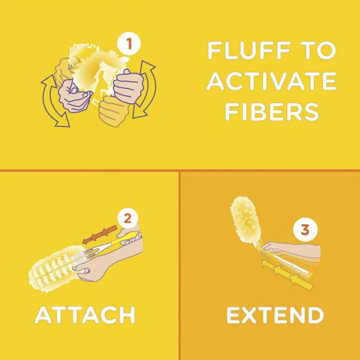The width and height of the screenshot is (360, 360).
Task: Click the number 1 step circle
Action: point(128,43)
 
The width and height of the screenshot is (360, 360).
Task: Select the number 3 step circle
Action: point(305,229)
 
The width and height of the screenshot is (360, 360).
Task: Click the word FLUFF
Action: point(249,51)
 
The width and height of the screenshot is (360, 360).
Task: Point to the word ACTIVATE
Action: point(272,81)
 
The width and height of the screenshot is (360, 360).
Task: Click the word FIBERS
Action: point(272,112)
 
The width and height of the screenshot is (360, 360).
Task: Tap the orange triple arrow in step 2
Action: point(100,234)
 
